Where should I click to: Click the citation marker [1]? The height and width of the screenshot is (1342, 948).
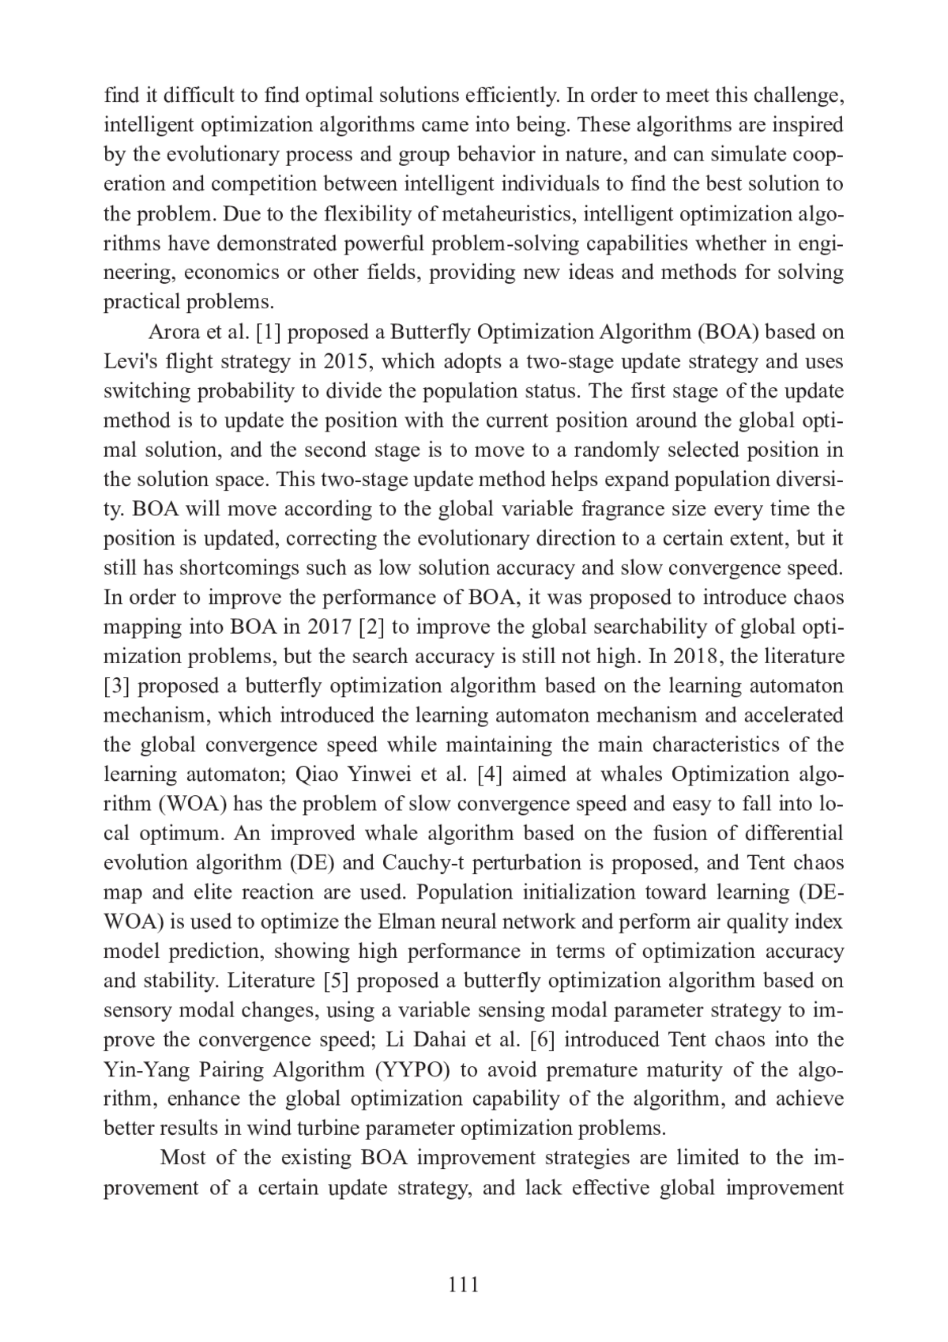(x=269, y=332)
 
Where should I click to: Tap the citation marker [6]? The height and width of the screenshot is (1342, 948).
(x=544, y=1040)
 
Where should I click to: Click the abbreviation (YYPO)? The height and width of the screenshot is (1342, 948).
(x=410, y=1070)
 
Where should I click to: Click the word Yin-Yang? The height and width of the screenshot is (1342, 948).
(x=141, y=1070)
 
